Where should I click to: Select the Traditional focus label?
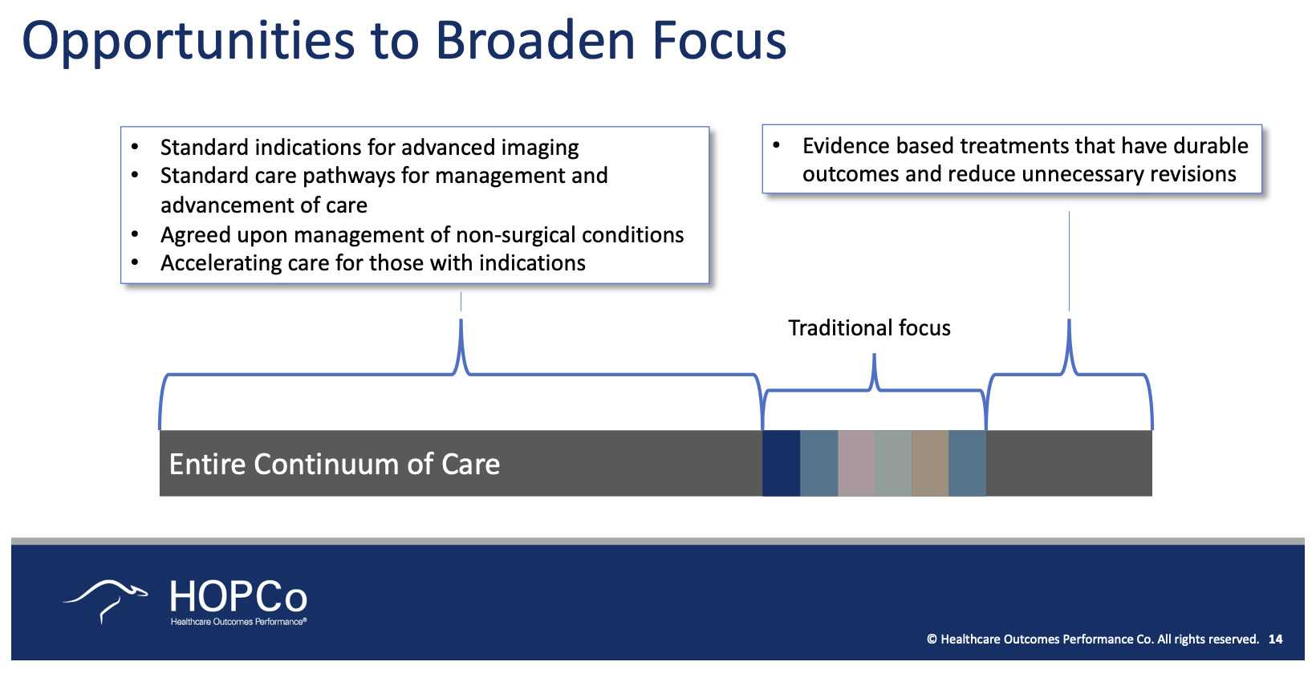coord(869,328)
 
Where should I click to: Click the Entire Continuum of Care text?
coord(335,465)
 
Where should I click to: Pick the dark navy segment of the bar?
coord(781,463)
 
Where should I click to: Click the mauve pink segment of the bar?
coord(856,463)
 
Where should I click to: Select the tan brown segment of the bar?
coord(930,463)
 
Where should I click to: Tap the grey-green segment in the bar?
coord(893,463)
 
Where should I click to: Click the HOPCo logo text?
coord(238,598)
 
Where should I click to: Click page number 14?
coord(1275,639)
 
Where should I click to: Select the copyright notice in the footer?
coord(1092,639)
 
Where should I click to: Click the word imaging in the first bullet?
coord(539,148)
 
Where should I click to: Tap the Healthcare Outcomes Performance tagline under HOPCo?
coord(238,622)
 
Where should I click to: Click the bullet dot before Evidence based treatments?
coord(776,145)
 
